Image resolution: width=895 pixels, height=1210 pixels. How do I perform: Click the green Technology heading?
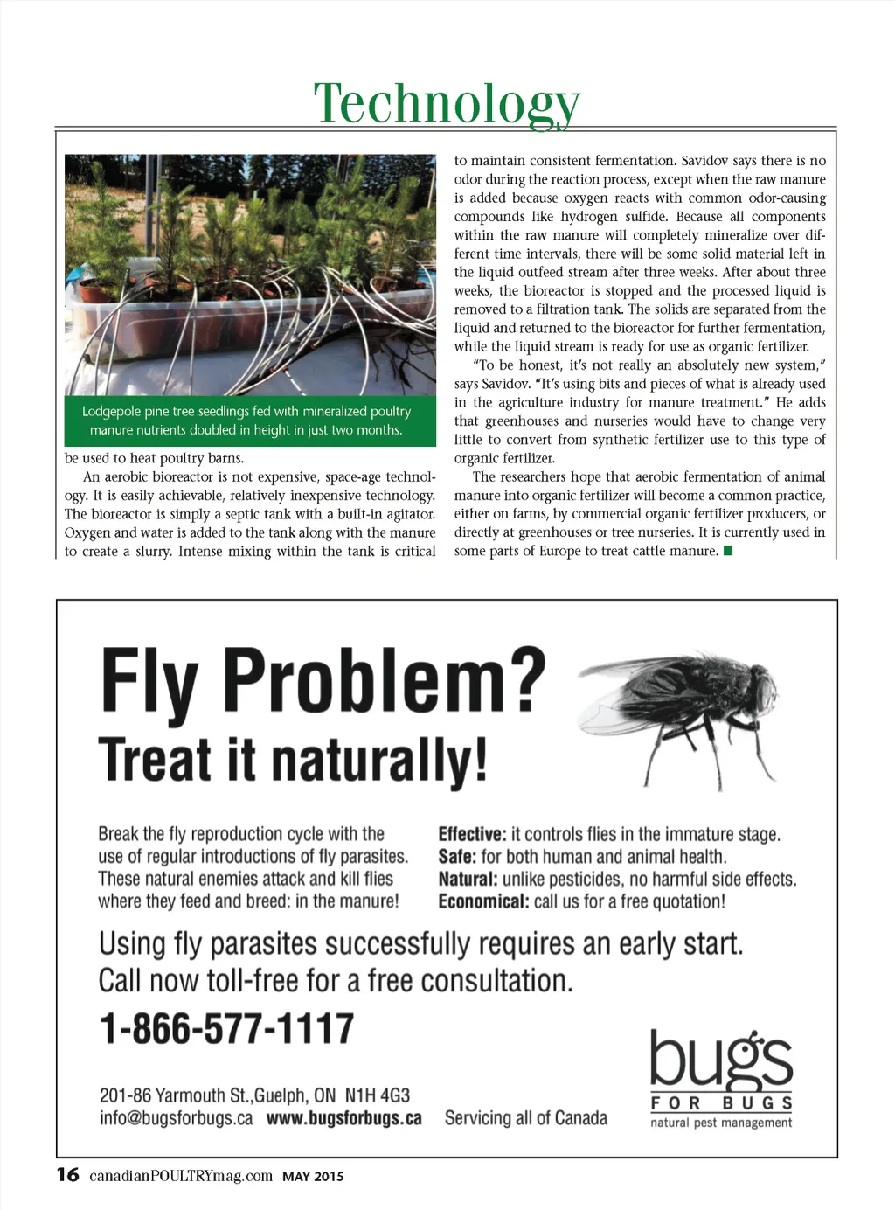click(x=447, y=103)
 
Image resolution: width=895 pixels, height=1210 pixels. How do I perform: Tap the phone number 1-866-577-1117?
click(x=226, y=1029)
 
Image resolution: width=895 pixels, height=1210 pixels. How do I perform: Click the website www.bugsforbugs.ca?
click(x=343, y=1118)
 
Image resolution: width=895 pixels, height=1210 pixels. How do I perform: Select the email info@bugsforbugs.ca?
click(x=176, y=1118)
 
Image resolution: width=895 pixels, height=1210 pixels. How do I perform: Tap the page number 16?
click(x=67, y=1174)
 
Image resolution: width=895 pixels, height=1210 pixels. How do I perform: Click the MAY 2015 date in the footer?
click(x=313, y=1177)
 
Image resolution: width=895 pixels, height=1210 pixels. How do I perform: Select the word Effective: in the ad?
click(x=472, y=834)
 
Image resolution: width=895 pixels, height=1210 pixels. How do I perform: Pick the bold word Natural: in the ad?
click(x=468, y=879)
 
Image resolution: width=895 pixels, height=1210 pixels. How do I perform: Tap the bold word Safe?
click(x=457, y=857)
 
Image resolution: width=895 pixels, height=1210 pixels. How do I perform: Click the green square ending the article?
click(x=728, y=551)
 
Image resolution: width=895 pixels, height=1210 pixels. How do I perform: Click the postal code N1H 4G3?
click(x=377, y=1095)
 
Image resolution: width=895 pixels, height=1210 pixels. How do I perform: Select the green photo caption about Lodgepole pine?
click(x=246, y=421)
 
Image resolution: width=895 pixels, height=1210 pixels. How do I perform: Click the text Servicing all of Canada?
click(x=525, y=1118)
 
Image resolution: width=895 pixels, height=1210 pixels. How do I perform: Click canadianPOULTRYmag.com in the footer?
click(x=181, y=1176)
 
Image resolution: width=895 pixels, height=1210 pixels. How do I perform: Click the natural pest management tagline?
click(x=721, y=1123)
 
